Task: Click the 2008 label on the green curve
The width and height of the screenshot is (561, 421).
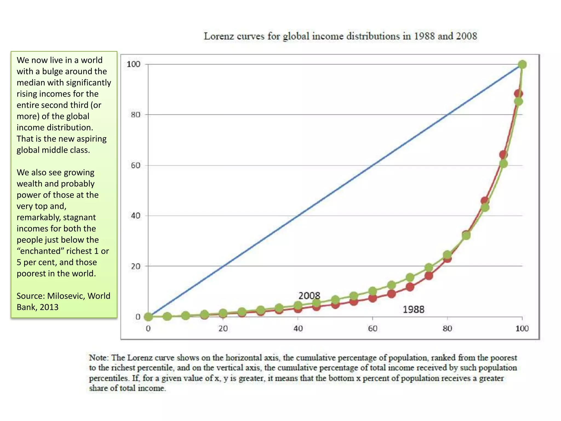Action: click(x=309, y=296)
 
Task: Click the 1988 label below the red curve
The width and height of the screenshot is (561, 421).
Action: click(x=413, y=309)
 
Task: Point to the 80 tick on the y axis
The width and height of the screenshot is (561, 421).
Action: click(x=135, y=115)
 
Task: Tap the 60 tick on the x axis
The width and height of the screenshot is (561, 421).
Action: click(x=373, y=328)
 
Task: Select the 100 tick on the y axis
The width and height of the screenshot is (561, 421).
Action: click(x=133, y=64)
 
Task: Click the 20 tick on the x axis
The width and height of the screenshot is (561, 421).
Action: click(x=223, y=328)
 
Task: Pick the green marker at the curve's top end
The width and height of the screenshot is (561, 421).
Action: click(x=522, y=64)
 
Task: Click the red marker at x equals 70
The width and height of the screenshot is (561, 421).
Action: click(x=410, y=287)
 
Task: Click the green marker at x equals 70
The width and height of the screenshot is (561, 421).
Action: click(x=410, y=278)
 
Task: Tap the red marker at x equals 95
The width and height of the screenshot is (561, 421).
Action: click(x=503, y=155)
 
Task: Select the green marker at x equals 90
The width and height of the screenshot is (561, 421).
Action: click(x=485, y=207)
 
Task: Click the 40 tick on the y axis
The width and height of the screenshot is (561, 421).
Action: click(x=135, y=216)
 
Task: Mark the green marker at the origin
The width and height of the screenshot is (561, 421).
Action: click(x=148, y=317)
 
